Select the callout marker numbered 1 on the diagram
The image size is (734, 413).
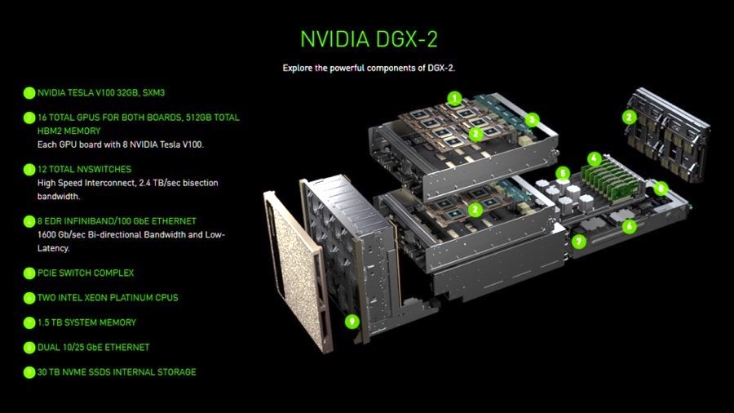tap(454, 98)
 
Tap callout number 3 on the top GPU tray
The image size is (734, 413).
tap(532, 119)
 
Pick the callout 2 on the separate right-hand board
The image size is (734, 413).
tap(629, 117)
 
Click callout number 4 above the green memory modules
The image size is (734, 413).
tap(595, 158)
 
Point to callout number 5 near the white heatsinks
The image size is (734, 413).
tap(562, 173)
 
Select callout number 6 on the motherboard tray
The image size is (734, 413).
tap(628, 226)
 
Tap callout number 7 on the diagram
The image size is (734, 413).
tap(578, 242)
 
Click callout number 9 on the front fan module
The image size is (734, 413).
tap(352, 320)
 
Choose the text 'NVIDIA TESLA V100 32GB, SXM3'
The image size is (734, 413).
tap(107, 93)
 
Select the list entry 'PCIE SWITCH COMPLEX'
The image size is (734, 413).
tap(86, 273)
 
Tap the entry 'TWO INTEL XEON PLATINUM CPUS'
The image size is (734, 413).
tap(108, 298)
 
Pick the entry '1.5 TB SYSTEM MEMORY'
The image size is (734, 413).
tap(86, 322)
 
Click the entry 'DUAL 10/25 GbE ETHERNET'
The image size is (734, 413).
tap(94, 348)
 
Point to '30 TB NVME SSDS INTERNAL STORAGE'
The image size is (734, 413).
tap(117, 372)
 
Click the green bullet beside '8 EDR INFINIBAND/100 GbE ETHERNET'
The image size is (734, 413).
tap(29, 221)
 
